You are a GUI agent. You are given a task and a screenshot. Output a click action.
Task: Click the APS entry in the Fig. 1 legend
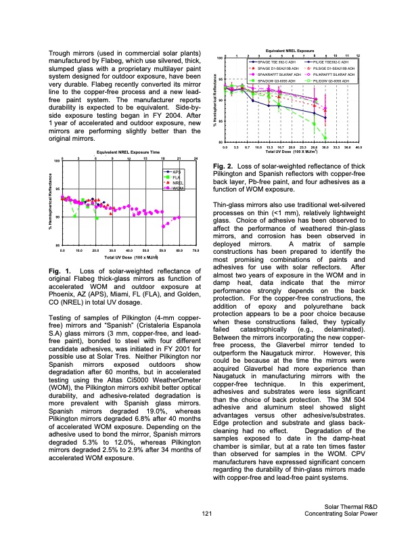click(x=178, y=173)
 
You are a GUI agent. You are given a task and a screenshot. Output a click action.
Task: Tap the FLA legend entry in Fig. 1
click(x=178, y=177)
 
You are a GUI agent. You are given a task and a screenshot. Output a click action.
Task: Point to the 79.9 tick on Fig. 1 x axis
click(x=195, y=250)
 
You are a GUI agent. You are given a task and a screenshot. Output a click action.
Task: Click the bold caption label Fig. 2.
click(x=224, y=166)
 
